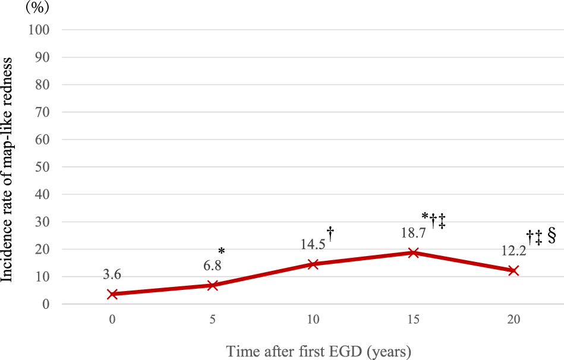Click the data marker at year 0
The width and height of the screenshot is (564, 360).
(x=112, y=294)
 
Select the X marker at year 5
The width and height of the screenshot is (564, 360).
(x=213, y=285)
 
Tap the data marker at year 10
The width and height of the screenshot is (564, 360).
(x=313, y=264)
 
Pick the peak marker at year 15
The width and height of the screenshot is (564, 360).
(x=414, y=252)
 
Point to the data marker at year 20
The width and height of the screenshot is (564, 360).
(x=513, y=270)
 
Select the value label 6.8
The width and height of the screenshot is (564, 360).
(x=212, y=267)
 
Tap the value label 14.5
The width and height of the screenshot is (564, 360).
(x=313, y=244)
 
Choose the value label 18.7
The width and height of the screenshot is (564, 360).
(x=413, y=233)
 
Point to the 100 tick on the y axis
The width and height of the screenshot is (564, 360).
(x=39, y=30)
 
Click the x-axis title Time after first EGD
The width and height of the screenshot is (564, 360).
(x=319, y=351)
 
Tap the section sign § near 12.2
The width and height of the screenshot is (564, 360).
(x=551, y=236)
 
